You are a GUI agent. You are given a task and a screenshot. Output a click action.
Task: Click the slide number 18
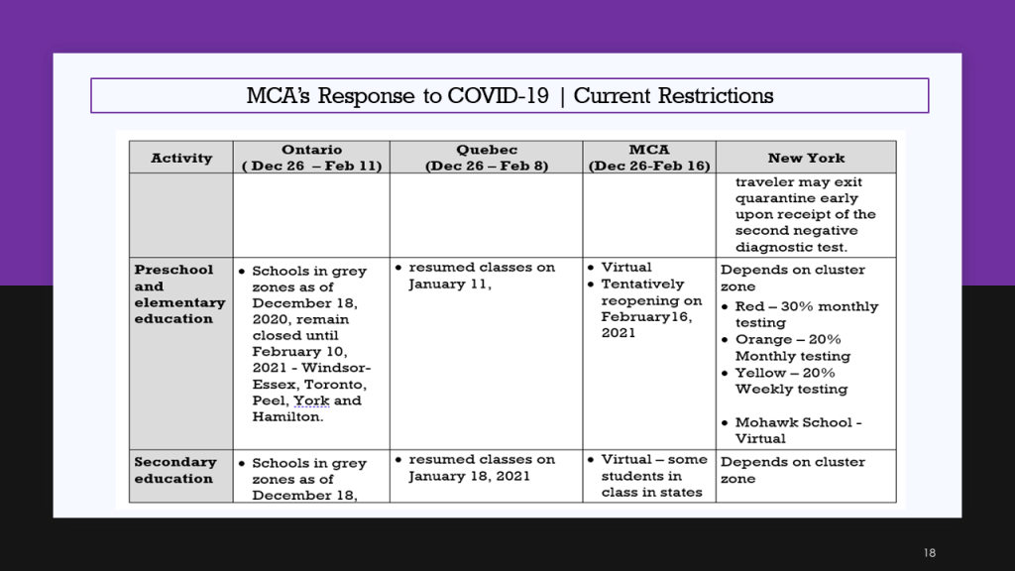tap(930, 553)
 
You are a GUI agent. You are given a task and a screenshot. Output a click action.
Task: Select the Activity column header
tap(181, 158)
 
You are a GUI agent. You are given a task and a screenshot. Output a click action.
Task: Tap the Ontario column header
tap(311, 158)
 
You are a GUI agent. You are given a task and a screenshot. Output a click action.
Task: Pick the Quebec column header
tap(486, 158)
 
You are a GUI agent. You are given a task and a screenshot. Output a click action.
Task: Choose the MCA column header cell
tap(649, 158)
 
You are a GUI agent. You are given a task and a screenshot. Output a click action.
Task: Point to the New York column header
tap(806, 158)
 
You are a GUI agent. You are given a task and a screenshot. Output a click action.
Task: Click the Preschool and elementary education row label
tap(179, 293)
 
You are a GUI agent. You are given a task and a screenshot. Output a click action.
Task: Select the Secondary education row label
tap(175, 470)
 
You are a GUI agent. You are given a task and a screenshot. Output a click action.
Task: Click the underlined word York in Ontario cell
tap(311, 400)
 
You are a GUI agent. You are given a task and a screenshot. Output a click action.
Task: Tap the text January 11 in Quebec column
tap(448, 285)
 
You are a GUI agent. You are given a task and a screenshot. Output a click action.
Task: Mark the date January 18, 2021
tap(469, 477)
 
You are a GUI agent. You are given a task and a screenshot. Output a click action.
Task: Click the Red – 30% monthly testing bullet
tap(800, 314)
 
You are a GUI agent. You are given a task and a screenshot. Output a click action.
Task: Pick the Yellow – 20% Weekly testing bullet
tap(785, 381)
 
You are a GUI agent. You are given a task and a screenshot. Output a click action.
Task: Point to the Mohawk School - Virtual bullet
tap(792, 430)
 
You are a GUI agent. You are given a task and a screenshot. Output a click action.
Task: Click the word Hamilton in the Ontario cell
tap(287, 417)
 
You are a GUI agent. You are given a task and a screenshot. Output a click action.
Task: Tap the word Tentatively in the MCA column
tap(642, 285)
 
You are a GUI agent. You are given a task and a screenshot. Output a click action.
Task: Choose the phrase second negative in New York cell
tap(796, 230)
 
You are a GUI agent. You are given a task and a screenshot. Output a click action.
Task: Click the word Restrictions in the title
tap(716, 96)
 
